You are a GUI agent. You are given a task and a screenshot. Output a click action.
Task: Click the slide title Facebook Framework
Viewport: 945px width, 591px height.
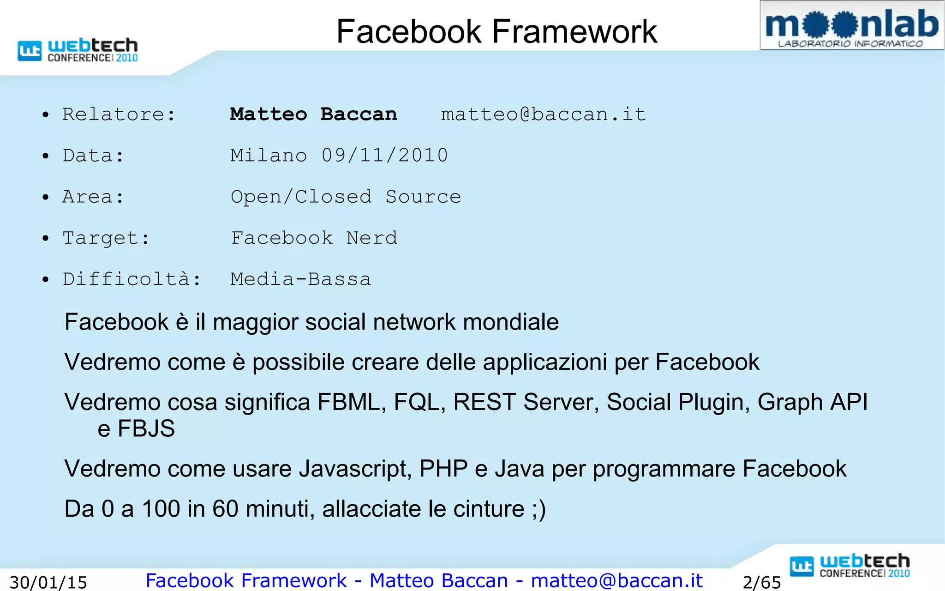[496, 31]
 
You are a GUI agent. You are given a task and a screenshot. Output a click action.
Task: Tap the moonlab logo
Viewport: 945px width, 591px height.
[851, 26]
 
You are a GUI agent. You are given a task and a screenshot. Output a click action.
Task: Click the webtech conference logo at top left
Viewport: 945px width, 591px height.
[78, 50]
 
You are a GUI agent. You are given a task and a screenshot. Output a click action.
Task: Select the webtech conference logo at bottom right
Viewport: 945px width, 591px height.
[849, 566]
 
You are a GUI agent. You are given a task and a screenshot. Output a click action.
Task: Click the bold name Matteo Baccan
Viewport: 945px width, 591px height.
[313, 114]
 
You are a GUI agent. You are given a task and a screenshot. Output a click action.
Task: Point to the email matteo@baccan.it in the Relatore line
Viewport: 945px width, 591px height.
[543, 114]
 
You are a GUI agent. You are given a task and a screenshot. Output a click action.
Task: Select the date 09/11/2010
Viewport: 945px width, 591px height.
[384, 155]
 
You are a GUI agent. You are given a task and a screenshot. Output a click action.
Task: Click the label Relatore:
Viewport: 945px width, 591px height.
[119, 114]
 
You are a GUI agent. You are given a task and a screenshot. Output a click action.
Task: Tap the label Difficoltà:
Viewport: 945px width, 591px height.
[132, 279]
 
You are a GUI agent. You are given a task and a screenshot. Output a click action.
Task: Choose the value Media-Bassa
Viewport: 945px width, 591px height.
[300, 279]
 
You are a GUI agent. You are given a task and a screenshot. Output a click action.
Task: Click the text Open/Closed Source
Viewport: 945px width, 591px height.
[346, 197]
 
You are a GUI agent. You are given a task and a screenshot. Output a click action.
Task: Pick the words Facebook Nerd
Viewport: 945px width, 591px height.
[314, 238]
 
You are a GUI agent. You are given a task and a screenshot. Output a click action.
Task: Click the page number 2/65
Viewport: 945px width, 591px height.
[761, 582]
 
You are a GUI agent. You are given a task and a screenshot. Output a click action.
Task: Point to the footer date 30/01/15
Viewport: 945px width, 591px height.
[48, 582]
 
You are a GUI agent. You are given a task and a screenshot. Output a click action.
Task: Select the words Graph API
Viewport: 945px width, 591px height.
[812, 402]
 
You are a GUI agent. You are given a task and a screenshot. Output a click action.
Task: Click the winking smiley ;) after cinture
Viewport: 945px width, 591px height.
[539, 509]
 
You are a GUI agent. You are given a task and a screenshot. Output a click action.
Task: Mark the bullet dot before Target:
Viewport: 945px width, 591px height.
[45, 239]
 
